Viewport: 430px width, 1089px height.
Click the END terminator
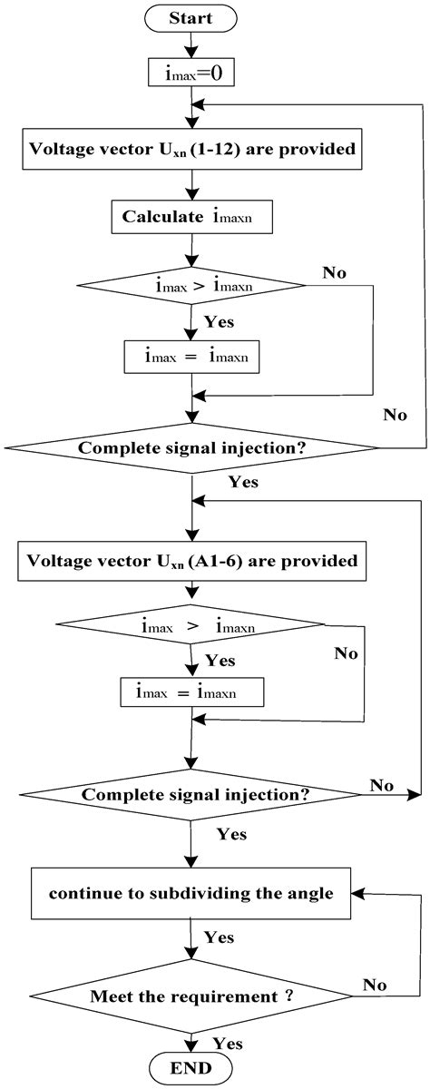192,1068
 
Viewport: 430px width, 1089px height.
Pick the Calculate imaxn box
191,217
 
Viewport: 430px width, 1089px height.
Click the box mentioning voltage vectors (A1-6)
191,560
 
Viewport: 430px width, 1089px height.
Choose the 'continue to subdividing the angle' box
191,893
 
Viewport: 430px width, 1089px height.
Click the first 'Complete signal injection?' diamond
191,447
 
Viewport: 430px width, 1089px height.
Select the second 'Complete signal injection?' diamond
191,794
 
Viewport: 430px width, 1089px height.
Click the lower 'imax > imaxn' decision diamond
191,624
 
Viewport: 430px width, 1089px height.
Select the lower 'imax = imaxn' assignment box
191,692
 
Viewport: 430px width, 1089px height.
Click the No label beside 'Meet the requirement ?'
375,984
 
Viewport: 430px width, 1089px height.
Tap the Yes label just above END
227,1043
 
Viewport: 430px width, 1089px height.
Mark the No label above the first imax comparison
335,271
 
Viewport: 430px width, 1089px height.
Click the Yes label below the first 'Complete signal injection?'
243,482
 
